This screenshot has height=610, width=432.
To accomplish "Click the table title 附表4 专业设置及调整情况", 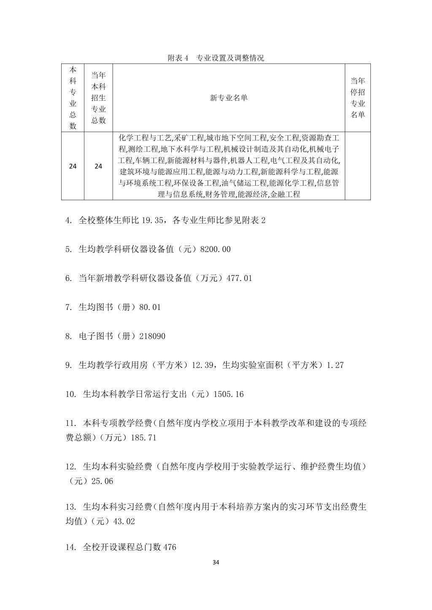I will pos(216,58).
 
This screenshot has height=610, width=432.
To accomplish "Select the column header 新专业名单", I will pos(229,98).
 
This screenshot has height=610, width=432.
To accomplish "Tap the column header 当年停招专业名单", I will pos(358,98).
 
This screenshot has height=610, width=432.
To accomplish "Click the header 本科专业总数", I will pos(73,98).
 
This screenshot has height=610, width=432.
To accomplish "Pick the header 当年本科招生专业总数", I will pos(98,98).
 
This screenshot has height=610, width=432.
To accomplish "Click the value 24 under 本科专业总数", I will pos(73,166).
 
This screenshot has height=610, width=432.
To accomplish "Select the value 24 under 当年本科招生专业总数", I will pos(98,166).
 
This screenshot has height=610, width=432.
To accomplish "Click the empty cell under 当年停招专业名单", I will pos(358,166).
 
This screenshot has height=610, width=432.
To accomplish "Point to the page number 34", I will pos(216,562).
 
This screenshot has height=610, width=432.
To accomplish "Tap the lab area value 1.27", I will pos(335,366).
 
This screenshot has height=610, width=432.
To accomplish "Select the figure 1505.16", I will pos(229,395).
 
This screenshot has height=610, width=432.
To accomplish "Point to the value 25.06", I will pos(102,481).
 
